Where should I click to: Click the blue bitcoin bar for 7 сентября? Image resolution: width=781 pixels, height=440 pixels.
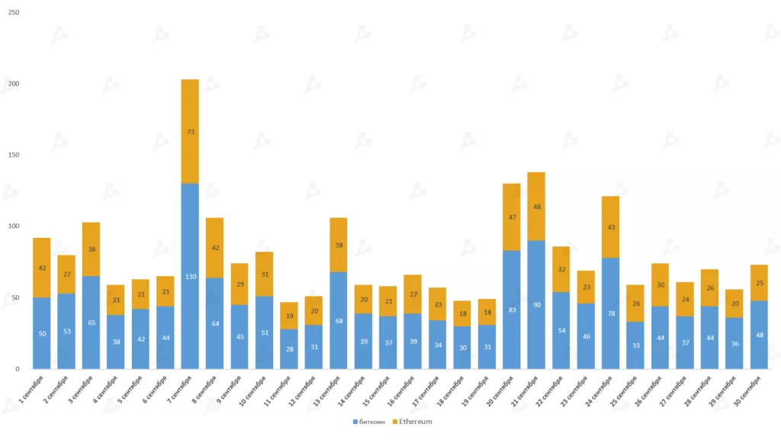[x=190, y=276]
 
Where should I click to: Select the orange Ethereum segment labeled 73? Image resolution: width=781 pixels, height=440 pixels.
[x=190, y=131]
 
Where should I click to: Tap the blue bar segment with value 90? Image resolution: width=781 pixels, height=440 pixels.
[x=536, y=304]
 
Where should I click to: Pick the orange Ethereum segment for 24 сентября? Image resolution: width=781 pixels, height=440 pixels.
[x=610, y=227]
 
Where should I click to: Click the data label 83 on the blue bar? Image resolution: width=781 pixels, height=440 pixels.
[x=512, y=310]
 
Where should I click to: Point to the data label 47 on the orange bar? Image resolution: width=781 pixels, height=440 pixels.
[x=512, y=217]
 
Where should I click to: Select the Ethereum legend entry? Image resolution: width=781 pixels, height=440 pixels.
[x=413, y=421]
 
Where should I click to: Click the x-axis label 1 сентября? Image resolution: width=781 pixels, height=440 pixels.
[x=33, y=390]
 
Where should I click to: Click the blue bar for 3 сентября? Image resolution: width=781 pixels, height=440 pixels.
[x=91, y=323]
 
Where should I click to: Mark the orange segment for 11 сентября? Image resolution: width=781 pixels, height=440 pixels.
[x=289, y=316]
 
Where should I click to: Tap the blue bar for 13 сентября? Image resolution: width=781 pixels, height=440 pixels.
[x=339, y=320]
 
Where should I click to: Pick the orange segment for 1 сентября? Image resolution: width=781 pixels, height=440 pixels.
[x=41, y=268]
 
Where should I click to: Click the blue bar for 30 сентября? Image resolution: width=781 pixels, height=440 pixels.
[x=758, y=335]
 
